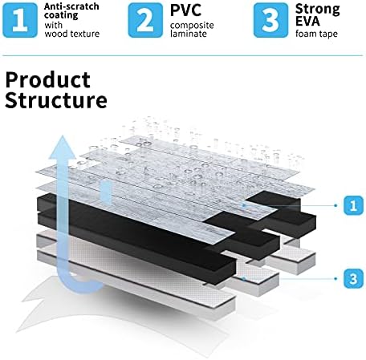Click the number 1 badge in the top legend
(20, 20)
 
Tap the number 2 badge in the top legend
(145, 20)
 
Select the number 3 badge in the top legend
(270, 20)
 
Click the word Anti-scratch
(71, 6)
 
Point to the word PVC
(185, 10)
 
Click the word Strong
(318, 10)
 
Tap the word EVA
(307, 22)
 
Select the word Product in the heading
(48, 80)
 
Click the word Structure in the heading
(56, 100)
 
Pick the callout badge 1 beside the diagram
(353, 205)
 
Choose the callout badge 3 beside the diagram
(353, 278)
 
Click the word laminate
(189, 34)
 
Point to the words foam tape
(316, 34)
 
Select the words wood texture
(72, 34)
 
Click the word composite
(192, 26)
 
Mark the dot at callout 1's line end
(335, 205)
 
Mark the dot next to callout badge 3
(335, 278)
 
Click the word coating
(61, 15)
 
